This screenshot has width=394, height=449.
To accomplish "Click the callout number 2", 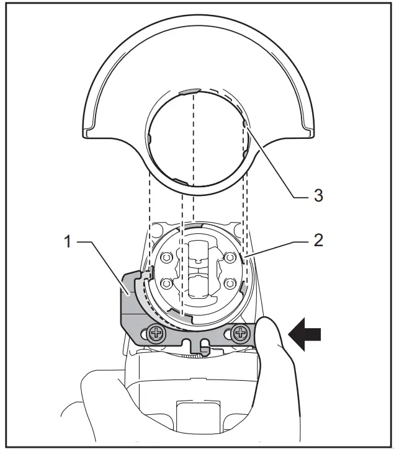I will [x=317, y=240].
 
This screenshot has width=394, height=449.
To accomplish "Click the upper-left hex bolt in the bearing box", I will [x=166, y=255].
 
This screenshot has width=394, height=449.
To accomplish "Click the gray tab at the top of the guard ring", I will [x=187, y=91].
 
